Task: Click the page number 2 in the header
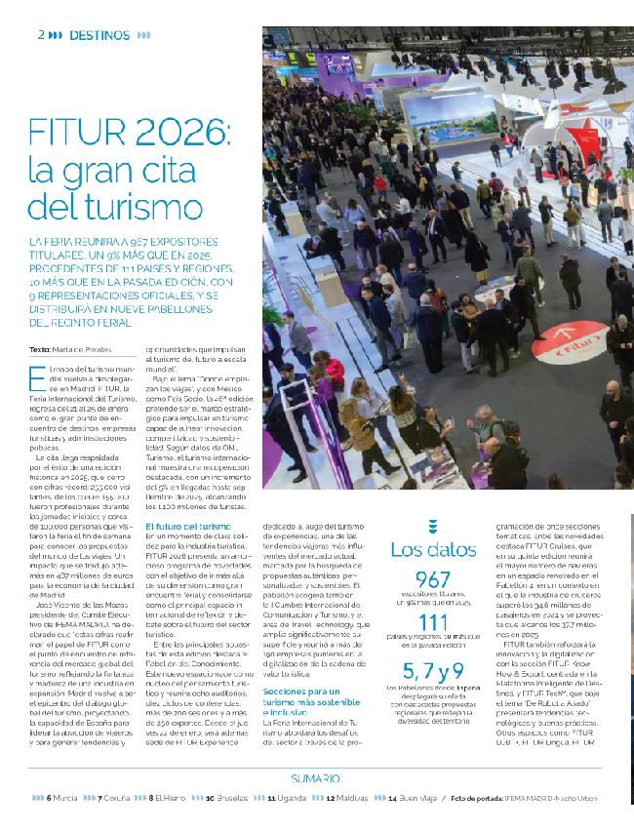click(42, 34)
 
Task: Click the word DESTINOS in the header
click(102, 34)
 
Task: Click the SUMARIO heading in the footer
click(316, 778)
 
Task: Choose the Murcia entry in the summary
click(62, 798)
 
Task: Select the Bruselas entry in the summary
click(230, 798)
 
